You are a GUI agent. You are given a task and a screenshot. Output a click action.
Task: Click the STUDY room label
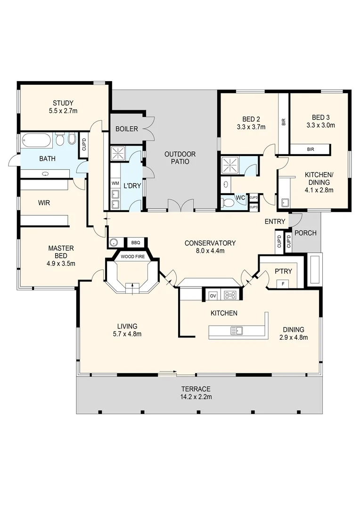click(63, 103)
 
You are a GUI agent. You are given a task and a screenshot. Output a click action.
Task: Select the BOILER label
click(126, 129)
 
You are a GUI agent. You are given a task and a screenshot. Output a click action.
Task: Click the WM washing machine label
click(115, 183)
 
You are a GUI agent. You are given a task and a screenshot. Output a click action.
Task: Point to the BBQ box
click(136, 243)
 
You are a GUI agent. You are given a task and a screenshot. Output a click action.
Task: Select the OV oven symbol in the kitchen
click(213, 295)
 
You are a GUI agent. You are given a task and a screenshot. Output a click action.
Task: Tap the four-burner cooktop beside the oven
click(230, 295)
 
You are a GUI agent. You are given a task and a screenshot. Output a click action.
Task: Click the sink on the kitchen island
click(236, 331)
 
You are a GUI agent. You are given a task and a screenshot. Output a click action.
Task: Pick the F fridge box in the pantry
click(283, 283)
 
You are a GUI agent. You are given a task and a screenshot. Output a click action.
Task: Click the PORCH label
click(305, 233)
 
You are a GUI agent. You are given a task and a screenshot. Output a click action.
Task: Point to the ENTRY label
click(275, 222)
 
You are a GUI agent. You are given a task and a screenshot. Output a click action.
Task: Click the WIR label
click(45, 203)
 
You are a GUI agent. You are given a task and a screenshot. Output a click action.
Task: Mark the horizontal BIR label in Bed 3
click(310, 149)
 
